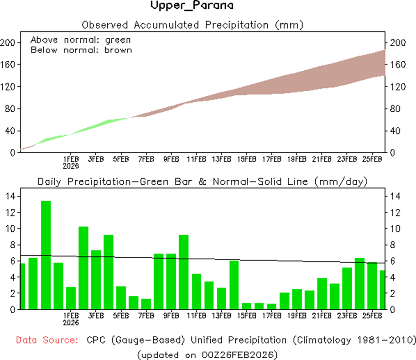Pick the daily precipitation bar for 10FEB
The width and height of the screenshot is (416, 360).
[184, 271]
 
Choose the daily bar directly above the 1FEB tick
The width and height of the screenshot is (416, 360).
[71, 298]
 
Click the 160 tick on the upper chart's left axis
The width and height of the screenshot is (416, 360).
[8, 65]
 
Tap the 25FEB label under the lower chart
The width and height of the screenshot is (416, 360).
[372, 316]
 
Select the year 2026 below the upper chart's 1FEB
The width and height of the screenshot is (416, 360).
[71, 166]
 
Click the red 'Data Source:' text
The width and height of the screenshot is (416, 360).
[46, 340]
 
